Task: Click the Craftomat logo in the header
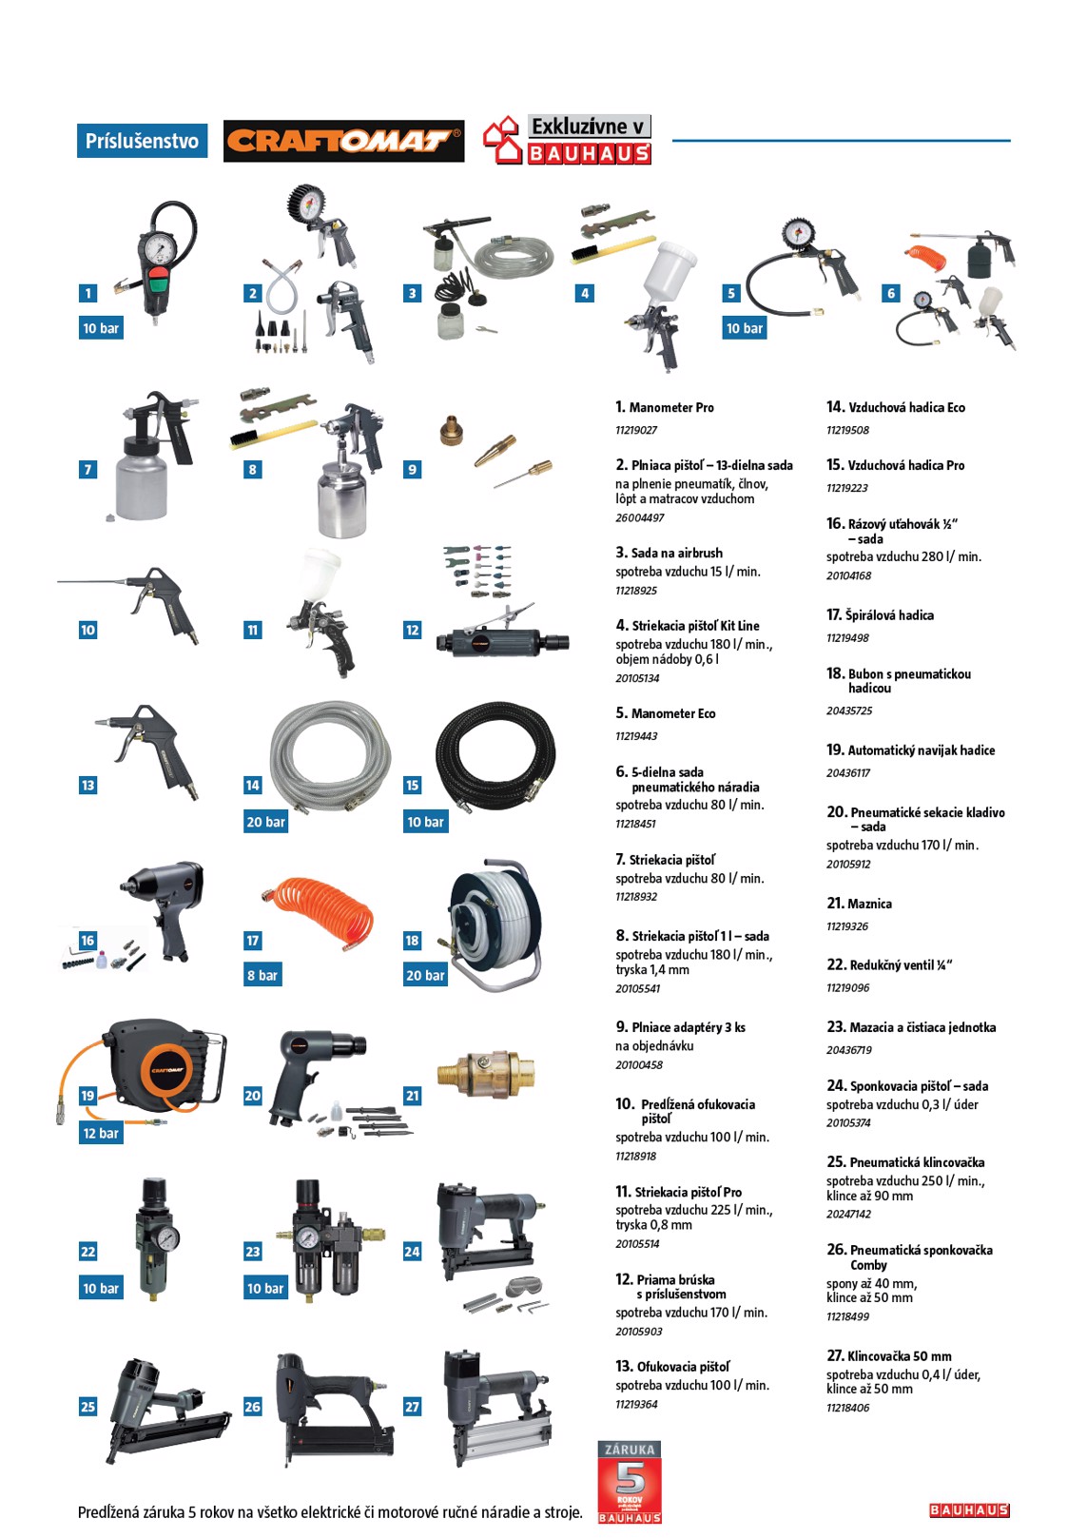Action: (343, 141)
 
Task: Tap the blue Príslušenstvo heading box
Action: (142, 141)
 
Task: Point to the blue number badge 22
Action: (87, 1251)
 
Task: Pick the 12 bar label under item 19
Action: (101, 1133)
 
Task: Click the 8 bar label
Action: (262, 975)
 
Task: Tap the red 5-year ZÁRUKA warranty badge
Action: (630, 1482)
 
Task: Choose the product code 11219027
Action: (636, 430)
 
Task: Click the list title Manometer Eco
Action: (672, 713)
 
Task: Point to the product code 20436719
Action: (849, 1050)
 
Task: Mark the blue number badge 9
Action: (412, 469)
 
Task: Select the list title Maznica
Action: (869, 904)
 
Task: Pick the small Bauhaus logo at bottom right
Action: (969, 1510)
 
